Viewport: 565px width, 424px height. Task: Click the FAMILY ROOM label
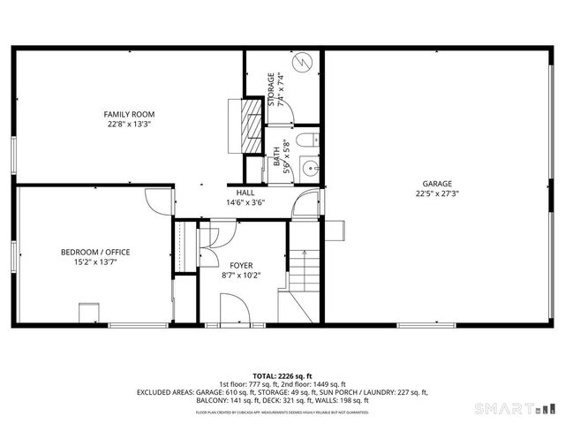click(x=129, y=115)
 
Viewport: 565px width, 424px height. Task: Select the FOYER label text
click(x=241, y=265)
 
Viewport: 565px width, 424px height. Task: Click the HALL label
click(x=245, y=193)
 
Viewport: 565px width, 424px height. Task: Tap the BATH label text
click(x=276, y=157)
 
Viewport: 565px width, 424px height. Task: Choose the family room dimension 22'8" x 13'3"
click(x=129, y=125)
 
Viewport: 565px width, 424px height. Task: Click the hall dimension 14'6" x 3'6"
click(x=245, y=202)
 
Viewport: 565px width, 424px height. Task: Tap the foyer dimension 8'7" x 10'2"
click(x=241, y=275)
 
